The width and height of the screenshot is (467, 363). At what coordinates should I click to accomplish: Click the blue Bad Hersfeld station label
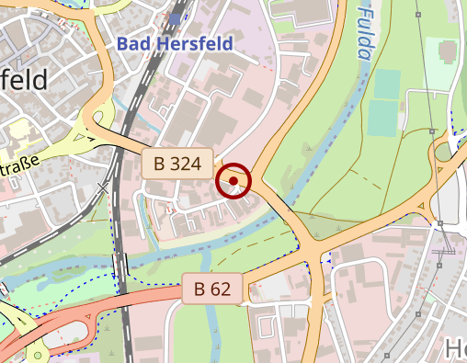(x=176, y=42)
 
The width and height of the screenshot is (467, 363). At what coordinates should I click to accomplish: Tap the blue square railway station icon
(x=175, y=19)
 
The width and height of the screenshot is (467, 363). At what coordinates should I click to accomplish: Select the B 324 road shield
(x=177, y=164)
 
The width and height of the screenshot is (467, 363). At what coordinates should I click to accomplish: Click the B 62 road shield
(x=212, y=289)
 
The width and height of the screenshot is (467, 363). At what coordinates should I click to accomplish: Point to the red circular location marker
(x=234, y=181)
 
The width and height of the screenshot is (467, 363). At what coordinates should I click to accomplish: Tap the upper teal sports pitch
(x=387, y=85)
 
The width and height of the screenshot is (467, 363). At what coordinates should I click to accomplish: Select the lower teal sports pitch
(x=384, y=119)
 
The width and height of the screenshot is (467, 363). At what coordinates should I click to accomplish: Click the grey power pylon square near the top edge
(x=419, y=13)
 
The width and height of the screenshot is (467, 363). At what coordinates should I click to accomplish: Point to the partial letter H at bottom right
(x=455, y=349)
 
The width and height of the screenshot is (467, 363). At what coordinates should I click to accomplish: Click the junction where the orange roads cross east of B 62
(x=316, y=252)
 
